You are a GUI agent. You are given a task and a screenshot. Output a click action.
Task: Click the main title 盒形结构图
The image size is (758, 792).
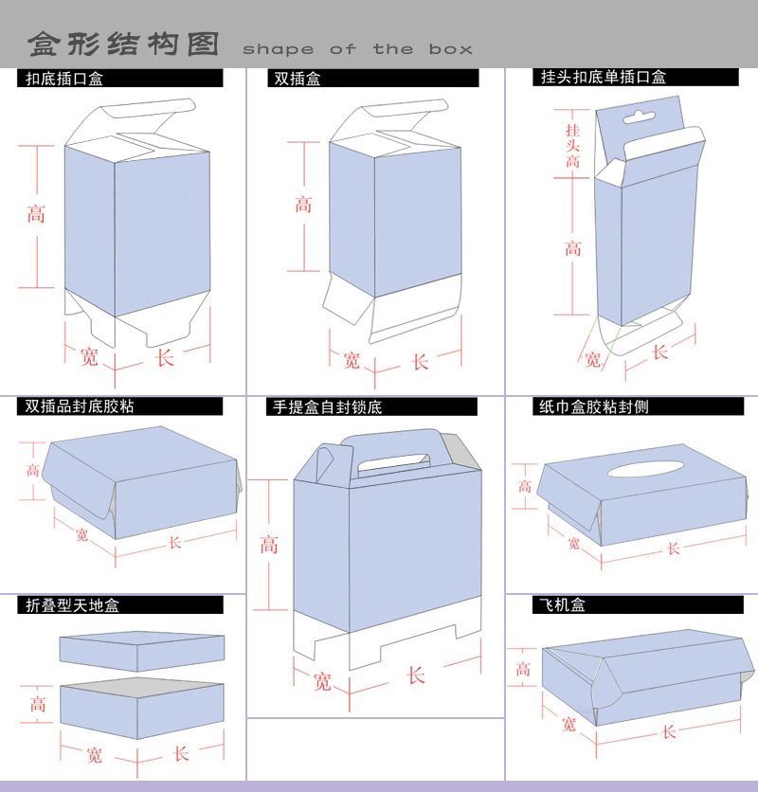(123, 45)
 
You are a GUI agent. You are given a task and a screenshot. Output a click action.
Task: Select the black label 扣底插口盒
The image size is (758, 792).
(65, 80)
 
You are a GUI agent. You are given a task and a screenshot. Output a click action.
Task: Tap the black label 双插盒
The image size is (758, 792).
(298, 80)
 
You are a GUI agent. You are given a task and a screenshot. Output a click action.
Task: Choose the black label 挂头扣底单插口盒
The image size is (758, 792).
(604, 78)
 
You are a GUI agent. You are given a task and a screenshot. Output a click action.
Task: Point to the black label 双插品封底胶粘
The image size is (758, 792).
(80, 406)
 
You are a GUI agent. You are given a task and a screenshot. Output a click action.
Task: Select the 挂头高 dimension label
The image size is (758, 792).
(572, 145)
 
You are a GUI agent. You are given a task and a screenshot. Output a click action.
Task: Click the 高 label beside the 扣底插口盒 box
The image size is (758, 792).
(36, 215)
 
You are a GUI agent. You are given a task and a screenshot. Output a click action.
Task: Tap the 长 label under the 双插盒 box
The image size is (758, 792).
(420, 361)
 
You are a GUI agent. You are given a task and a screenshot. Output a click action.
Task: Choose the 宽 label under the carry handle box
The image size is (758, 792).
(322, 680)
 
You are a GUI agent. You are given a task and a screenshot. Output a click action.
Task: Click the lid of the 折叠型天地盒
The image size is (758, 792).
(142, 650)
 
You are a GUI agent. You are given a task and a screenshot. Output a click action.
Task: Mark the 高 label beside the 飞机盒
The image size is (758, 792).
(523, 670)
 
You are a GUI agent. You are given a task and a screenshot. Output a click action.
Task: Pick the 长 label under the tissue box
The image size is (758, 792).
(673, 549)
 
